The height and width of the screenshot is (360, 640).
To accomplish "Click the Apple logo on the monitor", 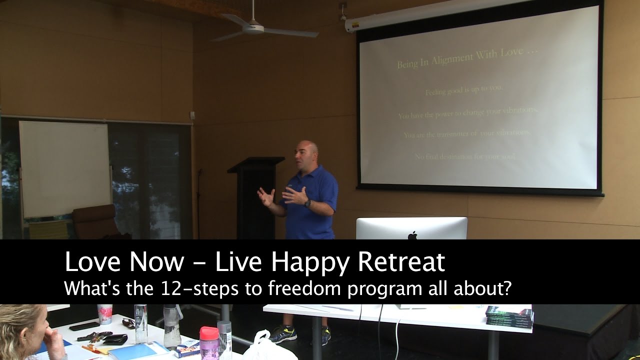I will [412, 235].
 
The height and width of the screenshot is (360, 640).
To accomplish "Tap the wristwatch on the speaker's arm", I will [307, 203].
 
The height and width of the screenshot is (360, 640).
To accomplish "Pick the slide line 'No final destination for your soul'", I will [465, 156].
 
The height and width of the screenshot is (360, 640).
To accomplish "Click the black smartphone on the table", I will [84, 326].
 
